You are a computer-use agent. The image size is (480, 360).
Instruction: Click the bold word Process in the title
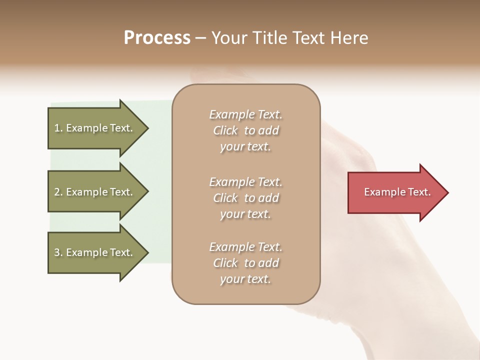point(157,38)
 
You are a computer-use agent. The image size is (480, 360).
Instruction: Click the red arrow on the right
point(395,192)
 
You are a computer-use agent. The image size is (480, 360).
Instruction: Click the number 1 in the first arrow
point(57,128)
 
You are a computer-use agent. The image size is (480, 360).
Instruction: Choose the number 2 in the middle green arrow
point(57,192)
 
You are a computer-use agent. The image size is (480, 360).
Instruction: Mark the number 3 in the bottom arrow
point(57,252)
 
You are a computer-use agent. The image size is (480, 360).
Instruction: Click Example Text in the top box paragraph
point(246,114)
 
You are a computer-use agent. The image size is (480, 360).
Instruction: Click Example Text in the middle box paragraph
point(246,182)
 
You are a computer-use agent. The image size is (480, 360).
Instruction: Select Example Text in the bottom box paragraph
point(246,247)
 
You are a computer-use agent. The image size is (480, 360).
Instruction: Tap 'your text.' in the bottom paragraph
point(245,279)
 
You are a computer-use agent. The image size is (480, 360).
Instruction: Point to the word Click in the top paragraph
point(225,131)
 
